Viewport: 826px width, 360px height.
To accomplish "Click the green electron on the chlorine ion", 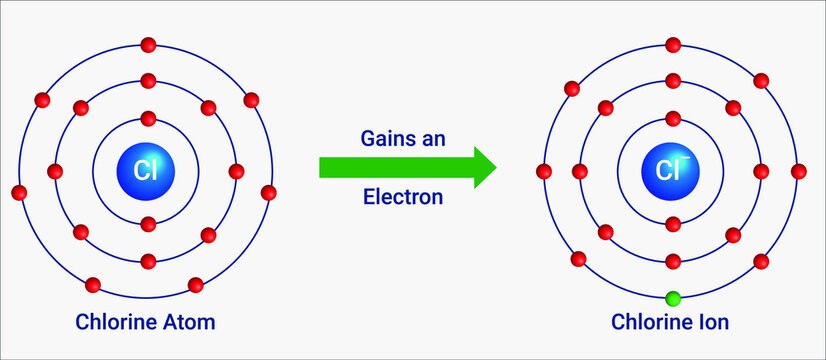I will click(x=673, y=298).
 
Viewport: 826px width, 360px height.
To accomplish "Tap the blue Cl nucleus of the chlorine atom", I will click(x=147, y=171).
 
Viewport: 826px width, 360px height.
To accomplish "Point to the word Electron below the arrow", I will click(x=402, y=197).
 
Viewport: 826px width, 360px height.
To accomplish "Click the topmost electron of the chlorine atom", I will click(x=149, y=44).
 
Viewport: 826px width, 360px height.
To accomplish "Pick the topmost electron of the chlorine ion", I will click(x=673, y=44).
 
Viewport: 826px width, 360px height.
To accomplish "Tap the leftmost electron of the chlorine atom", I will click(x=18, y=192).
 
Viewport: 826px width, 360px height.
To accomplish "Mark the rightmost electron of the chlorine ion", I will click(x=798, y=171).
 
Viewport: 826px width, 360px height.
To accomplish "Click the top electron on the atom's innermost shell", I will click(x=149, y=118).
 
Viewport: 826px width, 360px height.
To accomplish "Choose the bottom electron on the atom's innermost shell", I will click(x=149, y=224).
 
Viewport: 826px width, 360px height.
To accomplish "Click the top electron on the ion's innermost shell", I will click(x=673, y=118).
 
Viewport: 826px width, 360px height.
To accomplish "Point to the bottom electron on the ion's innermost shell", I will click(x=673, y=224).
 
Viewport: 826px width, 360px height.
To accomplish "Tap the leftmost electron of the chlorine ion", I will click(x=544, y=171).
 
